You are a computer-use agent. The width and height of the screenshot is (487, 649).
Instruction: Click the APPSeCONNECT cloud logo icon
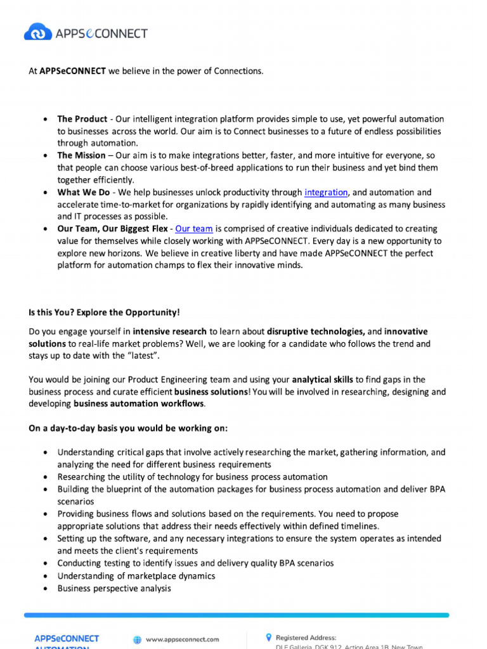pos(38,32)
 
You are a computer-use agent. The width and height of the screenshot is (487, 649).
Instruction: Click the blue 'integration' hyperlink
pos(326,193)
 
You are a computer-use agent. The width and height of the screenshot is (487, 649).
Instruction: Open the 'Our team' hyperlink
pos(193,229)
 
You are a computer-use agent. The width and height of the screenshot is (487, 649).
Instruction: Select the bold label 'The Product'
pos(82,119)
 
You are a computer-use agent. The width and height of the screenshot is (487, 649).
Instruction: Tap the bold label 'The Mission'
pos(81,155)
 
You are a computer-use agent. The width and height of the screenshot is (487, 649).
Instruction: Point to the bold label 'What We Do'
pos(83,193)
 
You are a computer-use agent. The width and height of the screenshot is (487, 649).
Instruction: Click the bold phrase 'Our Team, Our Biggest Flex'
pos(112,229)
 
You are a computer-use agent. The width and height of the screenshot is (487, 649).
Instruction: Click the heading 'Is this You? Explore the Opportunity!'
pos(104,312)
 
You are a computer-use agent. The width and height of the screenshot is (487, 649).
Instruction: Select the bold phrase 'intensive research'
pos(170,331)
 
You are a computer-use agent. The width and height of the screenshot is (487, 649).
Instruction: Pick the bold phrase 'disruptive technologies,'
pos(316,331)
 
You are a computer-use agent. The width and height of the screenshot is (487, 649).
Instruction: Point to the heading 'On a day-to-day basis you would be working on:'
pos(128,428)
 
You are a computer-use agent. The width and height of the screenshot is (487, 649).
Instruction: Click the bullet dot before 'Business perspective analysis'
pos(44,589)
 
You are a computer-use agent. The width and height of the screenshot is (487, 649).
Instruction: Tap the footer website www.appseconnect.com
pos(182,639)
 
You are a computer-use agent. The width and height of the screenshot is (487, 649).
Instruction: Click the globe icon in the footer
pos(137,639)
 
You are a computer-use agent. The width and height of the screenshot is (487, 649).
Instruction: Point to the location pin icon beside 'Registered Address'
pos(268,637)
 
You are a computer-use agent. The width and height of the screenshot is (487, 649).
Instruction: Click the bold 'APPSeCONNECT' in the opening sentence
pos(72,71)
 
